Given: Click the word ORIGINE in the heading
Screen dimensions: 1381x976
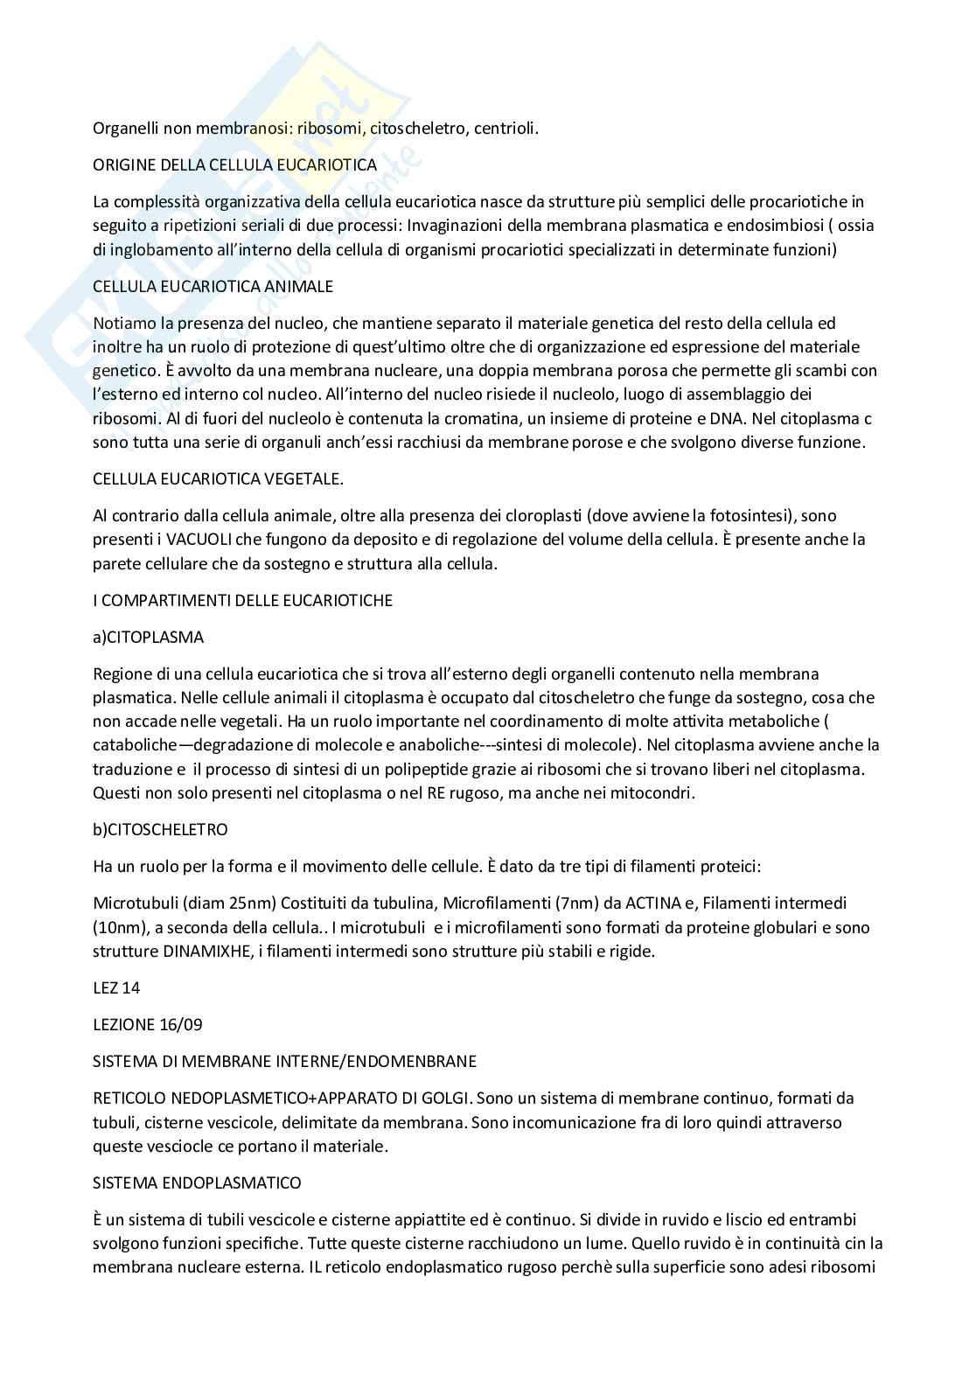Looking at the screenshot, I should [x=123, y=164].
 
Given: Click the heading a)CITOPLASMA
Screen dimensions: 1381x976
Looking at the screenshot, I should [x=148, y=638].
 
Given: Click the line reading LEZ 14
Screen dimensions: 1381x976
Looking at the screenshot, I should [x=116, y=987].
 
